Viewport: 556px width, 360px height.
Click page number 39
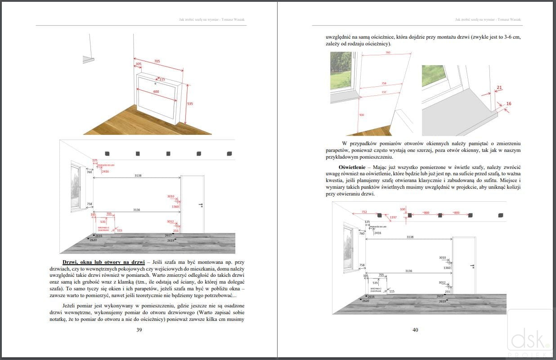pyautogui.click(x=139, y=330)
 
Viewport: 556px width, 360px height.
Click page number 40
pyautogui.click(x=415, y=330)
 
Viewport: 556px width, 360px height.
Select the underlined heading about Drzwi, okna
pyautogui.click(x=103, y=262)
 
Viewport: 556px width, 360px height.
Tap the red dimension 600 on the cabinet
pyautogui.click(x=156, y=92)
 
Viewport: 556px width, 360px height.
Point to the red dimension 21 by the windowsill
pyautogui.click(x=499, y=87)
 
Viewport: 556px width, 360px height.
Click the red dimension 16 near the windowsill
pyautogui.click(x=508, y=104)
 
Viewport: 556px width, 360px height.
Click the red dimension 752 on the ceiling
pyautogui.click(x=364, y=212)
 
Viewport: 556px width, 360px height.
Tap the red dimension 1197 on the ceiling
pyautogui.click(x=393, y=218)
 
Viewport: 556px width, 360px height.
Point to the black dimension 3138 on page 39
pyautogui.click(x=138, y=175)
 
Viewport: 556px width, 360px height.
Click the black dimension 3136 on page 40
pyautogui.click(x=408, y=271)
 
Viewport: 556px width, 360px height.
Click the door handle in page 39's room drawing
pyautogui.click(x=200, y=205)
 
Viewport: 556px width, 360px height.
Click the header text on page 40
pyautogui.click(x=488, y=20)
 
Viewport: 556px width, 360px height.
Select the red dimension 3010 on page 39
pyautogui.click(x=170, y=196)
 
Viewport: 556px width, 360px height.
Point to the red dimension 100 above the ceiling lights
pyautogui.click(x=403, y=209)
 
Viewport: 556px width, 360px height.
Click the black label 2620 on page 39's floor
pyautogui.click(x=93, y=240)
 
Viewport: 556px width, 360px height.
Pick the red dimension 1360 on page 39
pyautogui.click(x=175, y=207)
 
